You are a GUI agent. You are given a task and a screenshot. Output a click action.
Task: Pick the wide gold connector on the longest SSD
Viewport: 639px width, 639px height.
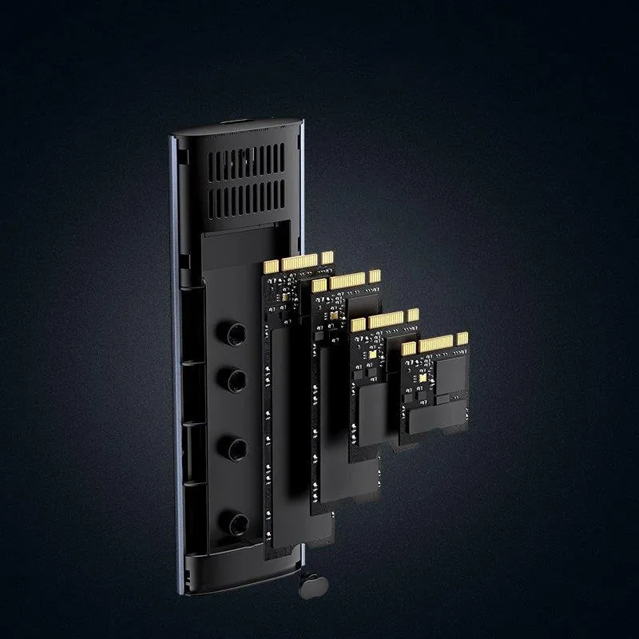point(299,262)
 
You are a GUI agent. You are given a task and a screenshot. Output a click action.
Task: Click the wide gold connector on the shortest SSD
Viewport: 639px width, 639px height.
point(437,344)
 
